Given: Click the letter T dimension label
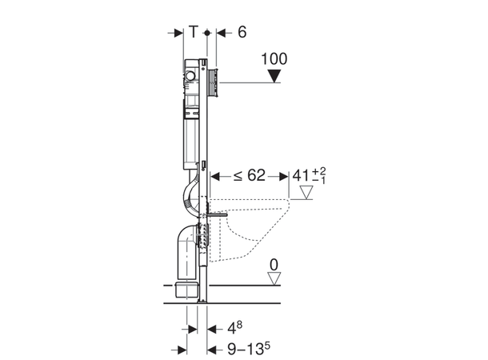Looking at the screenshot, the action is (x=194, y=31).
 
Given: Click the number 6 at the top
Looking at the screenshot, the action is (x=242, y=32).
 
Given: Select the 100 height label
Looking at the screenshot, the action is (x=274, y=59).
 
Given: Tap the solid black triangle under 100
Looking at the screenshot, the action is (x=274, y=76).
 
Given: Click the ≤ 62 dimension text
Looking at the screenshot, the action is (x=250, y=175).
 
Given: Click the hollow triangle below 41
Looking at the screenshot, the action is (x=306, y=192).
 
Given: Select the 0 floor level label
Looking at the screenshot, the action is (x=274, y=265).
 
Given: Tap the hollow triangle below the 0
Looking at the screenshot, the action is (x=274, y=278).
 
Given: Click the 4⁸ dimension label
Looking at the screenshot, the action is (x=234, y=328).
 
